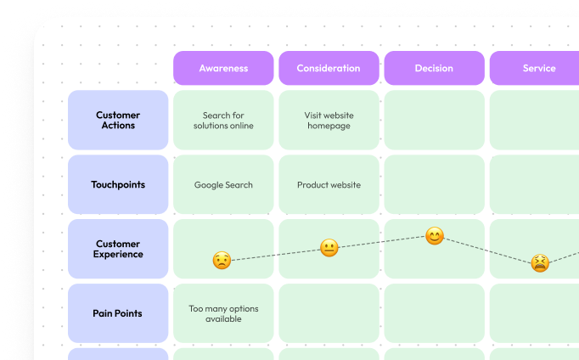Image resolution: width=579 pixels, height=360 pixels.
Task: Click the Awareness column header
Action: click(223, 68)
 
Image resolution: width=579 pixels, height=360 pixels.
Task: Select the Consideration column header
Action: click(329, 68)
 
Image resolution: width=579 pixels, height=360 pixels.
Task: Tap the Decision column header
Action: click(434, 68)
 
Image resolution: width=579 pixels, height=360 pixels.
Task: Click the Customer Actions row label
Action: click(118, 121)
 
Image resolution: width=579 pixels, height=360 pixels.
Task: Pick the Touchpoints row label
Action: click(118, 185)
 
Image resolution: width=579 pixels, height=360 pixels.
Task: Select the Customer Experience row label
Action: click(118, 249)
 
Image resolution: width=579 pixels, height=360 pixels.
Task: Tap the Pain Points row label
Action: click(118, 313)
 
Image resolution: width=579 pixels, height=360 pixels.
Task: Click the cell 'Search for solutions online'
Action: click(223, 121)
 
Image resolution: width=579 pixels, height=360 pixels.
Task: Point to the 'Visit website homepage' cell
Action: click(329, 121)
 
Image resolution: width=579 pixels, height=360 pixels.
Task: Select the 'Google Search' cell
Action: click(223, 185)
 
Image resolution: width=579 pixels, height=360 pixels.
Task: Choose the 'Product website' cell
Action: click(329, 185)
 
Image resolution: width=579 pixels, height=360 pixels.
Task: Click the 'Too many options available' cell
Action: click(223, 313)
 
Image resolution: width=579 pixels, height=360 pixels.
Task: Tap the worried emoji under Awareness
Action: click(222, 261)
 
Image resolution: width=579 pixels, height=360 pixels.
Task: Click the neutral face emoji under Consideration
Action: click(329, 248)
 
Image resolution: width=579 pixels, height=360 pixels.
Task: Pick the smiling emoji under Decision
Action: click(435, 236)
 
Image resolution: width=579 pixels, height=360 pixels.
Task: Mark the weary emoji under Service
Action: click(539, 263)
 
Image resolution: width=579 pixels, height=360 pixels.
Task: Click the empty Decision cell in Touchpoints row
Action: click(434, 185)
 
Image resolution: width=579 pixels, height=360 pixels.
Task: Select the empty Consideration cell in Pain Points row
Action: click(329, 313)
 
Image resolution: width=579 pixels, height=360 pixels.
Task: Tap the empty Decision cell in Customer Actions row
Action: click(434, 121)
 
